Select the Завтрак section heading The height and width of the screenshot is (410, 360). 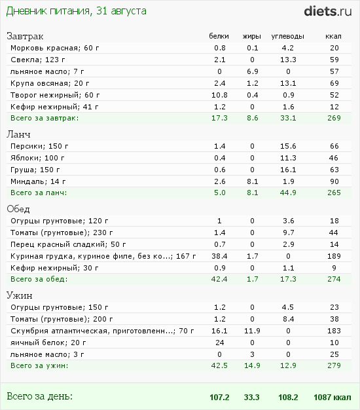pos(26,36)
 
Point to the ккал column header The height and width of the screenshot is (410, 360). pos(334,36)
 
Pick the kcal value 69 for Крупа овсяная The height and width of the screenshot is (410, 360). pos(334,83)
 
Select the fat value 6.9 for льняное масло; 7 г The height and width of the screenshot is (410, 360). pos(253,71)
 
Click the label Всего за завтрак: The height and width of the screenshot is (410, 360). pos(45,119)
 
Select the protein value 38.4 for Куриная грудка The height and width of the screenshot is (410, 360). pos(219,255)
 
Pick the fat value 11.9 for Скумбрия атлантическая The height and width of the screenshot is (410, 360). pos(253,331)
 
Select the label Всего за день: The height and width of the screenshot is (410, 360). pos(39,396)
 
